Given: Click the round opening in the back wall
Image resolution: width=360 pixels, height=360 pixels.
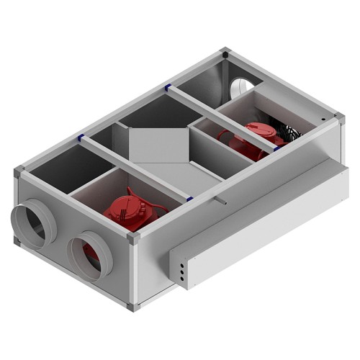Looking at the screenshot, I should (240, 87).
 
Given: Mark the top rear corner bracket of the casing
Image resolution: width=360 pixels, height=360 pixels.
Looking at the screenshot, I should (225, 54).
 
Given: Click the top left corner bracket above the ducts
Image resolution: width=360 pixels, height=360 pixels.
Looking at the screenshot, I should (20, 172).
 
